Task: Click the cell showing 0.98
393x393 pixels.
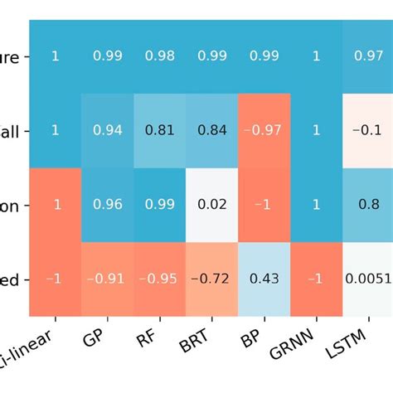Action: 160,56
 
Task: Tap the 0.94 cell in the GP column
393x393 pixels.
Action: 108,129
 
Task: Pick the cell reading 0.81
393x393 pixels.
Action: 160,129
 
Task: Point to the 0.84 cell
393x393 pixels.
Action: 212,129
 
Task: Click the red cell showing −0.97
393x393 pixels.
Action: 264,129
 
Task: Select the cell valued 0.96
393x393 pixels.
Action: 108,204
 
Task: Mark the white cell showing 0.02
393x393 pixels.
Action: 212,204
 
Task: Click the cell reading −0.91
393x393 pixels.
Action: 108,279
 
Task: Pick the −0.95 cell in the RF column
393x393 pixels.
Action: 160,279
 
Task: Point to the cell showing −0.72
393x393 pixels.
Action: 212,279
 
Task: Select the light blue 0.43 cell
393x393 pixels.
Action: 264,279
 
